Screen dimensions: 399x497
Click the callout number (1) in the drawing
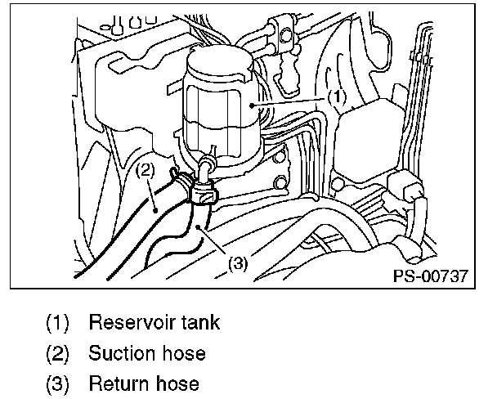tap(338, 96)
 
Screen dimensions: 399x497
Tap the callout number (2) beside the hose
tap(145, 171)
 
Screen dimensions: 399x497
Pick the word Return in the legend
tap(116, 383)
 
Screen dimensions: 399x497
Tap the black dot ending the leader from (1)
tap(256, 107)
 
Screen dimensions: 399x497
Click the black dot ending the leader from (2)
tap(155, 211)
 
